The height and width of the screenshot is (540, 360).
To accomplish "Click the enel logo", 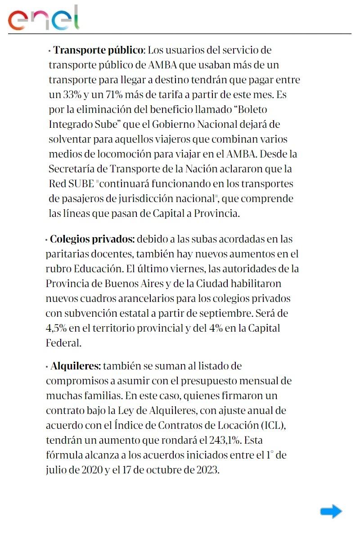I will tap(43, 18).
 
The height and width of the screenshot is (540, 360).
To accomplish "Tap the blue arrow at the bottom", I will tap(331, 511).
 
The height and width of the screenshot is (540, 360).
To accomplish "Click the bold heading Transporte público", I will tap(98, 49).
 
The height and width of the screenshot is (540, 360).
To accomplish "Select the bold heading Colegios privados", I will tap(92, 238).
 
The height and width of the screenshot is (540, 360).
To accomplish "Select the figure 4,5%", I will tap(58, 328).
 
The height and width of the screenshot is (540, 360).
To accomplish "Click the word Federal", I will tap(63, 343).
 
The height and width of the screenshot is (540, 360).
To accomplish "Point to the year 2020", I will tap(91, 470).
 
